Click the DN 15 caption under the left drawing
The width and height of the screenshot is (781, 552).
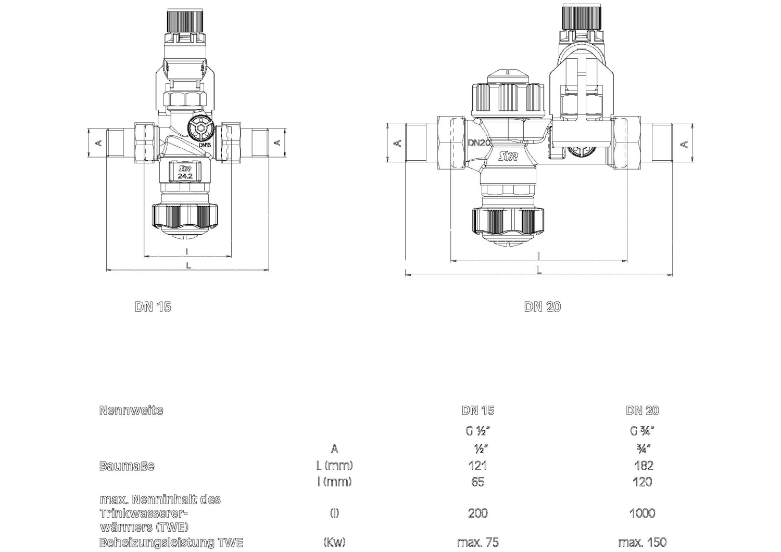153,306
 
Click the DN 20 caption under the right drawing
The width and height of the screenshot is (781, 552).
543,306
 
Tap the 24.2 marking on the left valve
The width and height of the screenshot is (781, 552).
185,176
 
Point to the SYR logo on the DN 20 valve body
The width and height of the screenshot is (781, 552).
508,157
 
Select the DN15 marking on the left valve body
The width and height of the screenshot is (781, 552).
205,145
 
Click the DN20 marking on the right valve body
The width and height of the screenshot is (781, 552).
479,143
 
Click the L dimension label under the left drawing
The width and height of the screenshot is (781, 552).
188,265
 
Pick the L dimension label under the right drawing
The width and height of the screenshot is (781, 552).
539,269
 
